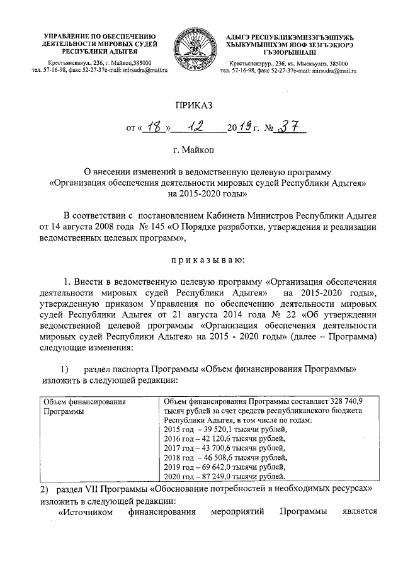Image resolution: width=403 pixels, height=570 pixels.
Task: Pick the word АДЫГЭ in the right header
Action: coord(239,36)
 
